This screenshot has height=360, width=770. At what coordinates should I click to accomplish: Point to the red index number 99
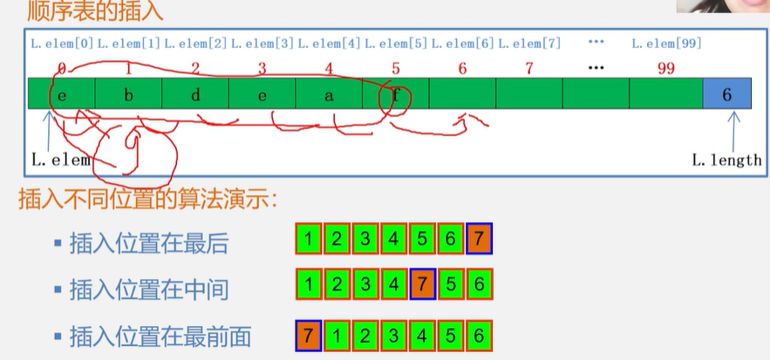pos(666,68)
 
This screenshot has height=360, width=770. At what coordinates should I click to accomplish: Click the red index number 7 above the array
pos(529,68)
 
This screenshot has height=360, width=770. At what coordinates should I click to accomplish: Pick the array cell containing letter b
pos(128,94)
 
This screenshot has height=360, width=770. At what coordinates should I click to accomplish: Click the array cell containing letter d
pos(195,94)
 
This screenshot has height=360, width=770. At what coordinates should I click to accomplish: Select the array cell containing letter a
pos(329,94)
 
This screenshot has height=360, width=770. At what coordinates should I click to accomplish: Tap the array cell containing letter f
pos(395,94)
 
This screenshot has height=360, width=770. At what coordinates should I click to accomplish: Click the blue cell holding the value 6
pos(727,94)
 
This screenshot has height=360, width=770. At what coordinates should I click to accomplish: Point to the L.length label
pos(726,160)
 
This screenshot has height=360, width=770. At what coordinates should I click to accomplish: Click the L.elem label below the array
pos(61,160)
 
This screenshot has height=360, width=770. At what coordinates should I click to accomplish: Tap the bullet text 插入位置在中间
pos(148,289)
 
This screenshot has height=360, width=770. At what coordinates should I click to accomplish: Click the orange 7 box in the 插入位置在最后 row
pos(479,239)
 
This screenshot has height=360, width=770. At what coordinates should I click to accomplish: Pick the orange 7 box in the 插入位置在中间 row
pos(423,285)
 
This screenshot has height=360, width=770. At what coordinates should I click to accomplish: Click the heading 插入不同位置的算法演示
pos(148,199)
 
